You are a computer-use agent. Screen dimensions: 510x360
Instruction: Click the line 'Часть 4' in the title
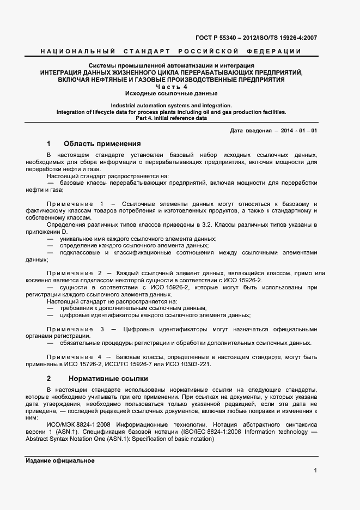click(172, 87)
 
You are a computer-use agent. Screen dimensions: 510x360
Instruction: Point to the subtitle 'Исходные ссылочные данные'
click(172, 94)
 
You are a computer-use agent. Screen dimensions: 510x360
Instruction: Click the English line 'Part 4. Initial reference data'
click(172, 118)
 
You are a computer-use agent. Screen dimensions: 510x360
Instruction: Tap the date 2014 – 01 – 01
click(298, 131)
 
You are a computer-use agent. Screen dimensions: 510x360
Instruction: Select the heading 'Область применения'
click(102, 144)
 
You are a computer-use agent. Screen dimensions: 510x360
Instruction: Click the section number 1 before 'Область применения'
click(49, 144)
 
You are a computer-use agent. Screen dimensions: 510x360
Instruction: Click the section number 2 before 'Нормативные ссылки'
click(49, 378)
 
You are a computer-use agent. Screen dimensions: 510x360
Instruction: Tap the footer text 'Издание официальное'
click(60, 461)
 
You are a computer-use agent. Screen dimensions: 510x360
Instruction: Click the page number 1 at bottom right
click(315, 470)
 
